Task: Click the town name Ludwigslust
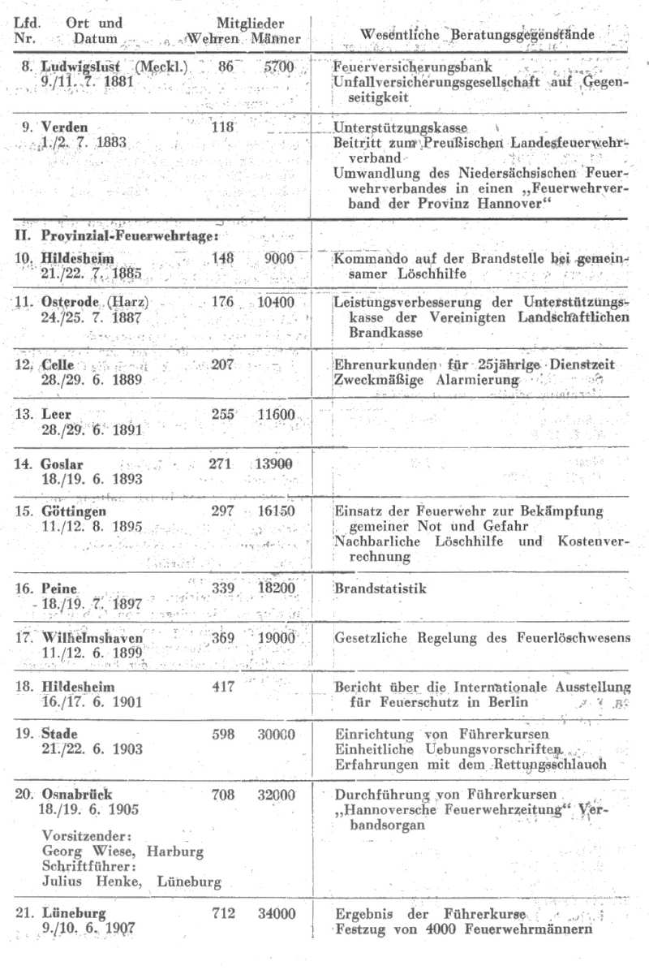[78, 66]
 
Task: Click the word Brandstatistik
[380, 588]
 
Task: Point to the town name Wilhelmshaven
[92, 638]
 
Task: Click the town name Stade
[59, 735]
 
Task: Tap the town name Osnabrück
[76, 795]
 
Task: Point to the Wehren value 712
[223, 914]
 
